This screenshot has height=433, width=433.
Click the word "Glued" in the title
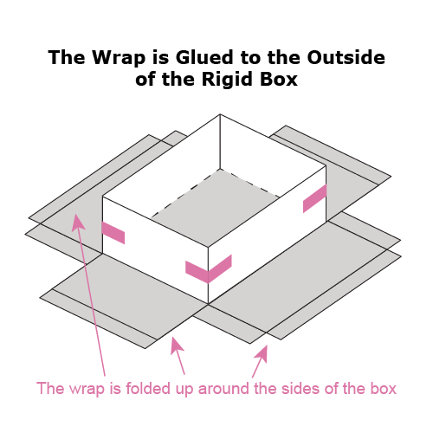(x=204, y=57)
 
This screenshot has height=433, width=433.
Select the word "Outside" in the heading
(x=346, y=57)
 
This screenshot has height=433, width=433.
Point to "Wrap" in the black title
(x=120, y=58)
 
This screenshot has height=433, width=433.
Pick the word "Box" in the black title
(x=279, y=79)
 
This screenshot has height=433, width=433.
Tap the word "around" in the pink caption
(x=223, y=389)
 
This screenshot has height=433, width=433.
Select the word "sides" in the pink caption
(x=301, y=388)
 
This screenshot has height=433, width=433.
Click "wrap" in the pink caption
(x=87, y=390)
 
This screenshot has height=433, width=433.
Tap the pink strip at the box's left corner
(x=113, y=233)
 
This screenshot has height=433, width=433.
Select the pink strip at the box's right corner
(x=314, y=198)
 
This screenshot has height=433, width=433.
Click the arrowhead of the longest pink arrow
(x=77, y=223)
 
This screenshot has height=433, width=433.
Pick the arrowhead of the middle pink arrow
(x=176, y=345)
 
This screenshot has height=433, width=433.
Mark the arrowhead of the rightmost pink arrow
(x=262, y=353)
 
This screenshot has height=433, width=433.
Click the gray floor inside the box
(x=215, y=206)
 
